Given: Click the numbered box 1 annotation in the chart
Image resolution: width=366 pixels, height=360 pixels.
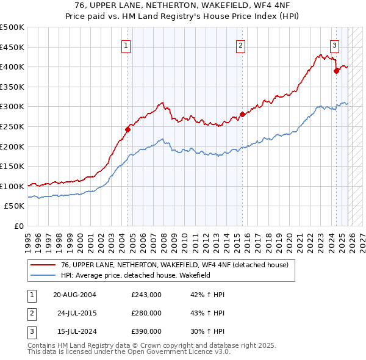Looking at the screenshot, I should coord(126,45).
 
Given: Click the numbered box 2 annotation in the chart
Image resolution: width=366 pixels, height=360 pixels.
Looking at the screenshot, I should coord(241,45).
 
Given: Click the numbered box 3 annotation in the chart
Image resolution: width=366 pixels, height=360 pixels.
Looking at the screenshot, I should coord(335,45).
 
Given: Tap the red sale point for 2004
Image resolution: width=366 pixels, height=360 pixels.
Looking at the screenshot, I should coord(128,129).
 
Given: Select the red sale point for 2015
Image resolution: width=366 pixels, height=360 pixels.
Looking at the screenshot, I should coord(242,114).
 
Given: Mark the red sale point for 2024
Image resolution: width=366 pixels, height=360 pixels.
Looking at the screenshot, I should coord(336,71).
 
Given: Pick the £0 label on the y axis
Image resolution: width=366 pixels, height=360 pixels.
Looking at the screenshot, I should coord(18,226).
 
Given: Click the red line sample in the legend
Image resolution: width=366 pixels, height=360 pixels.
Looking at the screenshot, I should coord(43,265).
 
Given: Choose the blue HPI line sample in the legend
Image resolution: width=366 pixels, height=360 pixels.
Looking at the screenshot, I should coord(43,275).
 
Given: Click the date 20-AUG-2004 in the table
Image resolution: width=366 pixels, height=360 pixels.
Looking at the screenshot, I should coord(74,295).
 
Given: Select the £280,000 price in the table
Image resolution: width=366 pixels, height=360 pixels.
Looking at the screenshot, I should coord(146,313).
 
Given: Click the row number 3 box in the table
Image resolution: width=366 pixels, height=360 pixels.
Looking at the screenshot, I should coord(31,331).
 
